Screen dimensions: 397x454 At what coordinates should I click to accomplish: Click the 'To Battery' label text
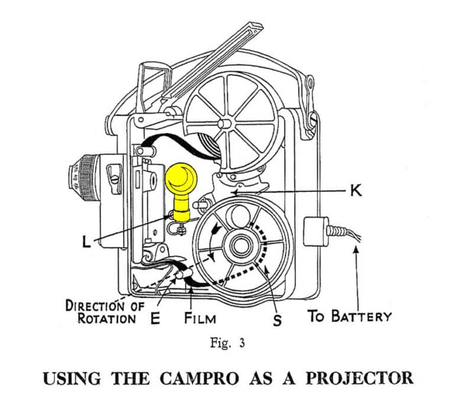tap(349, 316)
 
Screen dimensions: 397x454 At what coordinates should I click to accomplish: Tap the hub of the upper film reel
tap(225, 124)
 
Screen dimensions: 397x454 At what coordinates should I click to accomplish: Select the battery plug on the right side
tap(317, 231)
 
